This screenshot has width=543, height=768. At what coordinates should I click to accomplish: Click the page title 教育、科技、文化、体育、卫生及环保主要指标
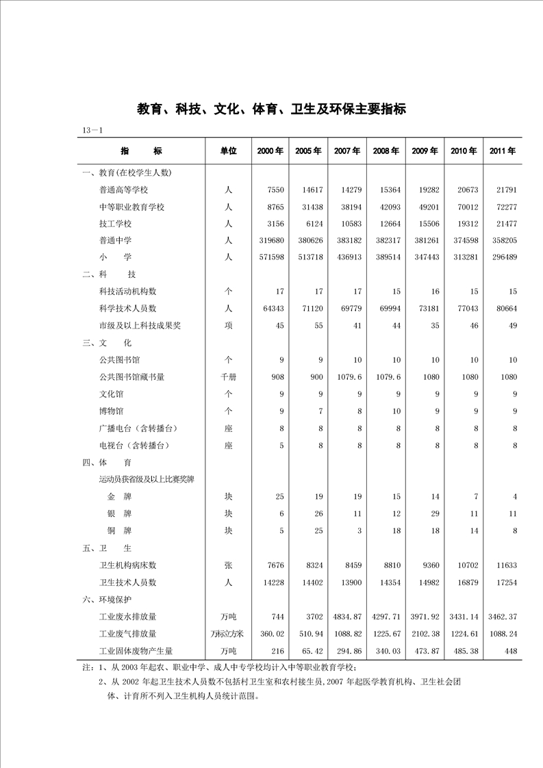(271, 109)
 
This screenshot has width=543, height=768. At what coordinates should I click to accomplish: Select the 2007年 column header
(347, 151)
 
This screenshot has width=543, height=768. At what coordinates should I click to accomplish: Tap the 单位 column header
(228, 151)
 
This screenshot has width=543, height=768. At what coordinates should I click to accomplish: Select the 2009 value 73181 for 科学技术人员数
(425, 309)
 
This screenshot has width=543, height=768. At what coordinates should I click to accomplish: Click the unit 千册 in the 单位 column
(228, 377)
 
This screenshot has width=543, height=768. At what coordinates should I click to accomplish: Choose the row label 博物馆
(111, 411)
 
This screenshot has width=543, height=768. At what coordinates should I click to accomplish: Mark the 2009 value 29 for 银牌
(433, 513)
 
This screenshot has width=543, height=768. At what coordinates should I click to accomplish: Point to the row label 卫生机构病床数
(128, 565)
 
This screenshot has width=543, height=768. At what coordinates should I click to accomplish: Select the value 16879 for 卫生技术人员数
(464, 583)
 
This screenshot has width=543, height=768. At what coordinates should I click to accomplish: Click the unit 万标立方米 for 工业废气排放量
(228, 634)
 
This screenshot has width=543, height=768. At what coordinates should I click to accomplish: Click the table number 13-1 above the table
(92, 130)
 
